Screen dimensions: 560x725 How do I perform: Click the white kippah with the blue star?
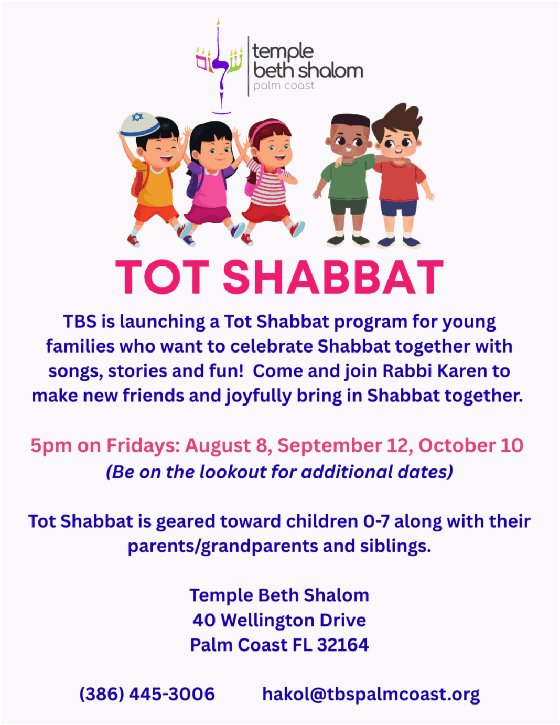140,124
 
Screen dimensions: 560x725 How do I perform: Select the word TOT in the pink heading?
163,276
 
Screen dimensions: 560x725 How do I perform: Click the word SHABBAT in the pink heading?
333,276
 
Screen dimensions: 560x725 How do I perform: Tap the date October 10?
471,445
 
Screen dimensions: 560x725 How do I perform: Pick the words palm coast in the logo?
284,86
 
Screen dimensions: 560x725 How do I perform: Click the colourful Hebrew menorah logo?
219,66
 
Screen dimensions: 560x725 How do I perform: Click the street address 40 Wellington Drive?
279,620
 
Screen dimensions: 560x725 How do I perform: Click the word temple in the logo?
283,52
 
